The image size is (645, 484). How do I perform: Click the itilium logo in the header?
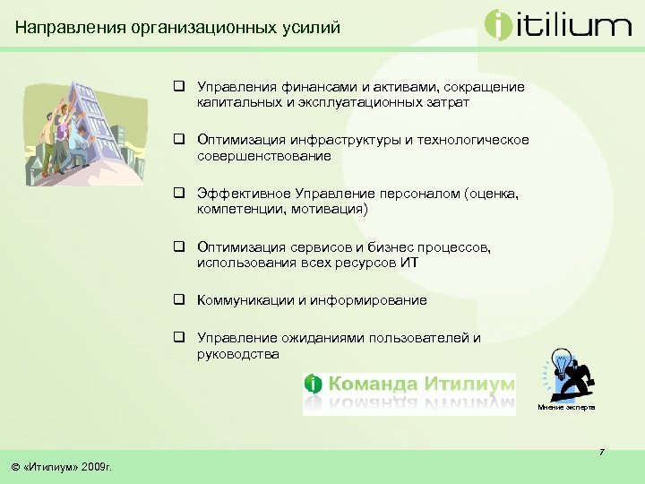click(x=557, y=24)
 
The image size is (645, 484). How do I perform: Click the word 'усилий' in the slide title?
click(x=314, y=28)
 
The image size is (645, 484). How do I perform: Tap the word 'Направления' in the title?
click(x=70, y=28)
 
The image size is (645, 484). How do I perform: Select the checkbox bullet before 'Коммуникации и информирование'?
click(x=180, y=300)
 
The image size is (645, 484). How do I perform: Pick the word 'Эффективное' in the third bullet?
click(x=239, y=194)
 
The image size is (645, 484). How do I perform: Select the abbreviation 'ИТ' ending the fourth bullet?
click(x=408, y=263)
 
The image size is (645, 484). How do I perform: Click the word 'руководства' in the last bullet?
click(x=238, y=353)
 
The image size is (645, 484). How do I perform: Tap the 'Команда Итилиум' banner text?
click(x=422, y=385)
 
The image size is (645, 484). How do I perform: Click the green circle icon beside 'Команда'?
click(x=314, y=385)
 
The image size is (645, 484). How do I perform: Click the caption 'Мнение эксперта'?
click(x=566, y=408)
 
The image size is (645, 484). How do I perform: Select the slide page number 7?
click(x=602, y=452)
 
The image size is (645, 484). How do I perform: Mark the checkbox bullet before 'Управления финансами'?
click(x=180, y=87)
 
